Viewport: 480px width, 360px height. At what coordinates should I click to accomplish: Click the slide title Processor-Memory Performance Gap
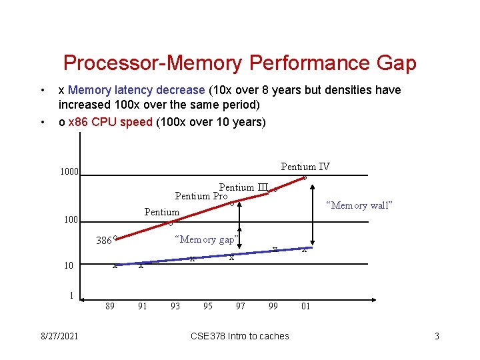pyautogui.click(x=239, y=63)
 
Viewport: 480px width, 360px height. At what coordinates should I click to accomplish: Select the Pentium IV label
pyautogui.click(x=305, y=167)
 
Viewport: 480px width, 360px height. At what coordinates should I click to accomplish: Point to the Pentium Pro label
pyautogui.click(x=201, y=196)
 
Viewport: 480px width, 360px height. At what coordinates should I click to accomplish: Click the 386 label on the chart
pyautogui.click(x=103, y=241)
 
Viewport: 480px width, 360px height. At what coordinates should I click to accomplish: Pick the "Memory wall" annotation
pyautogui.click(x=359, y=205)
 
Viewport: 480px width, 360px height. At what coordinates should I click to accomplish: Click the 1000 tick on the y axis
pyautogui.click(x=69, y=172)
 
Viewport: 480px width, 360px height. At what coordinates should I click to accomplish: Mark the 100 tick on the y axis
pyautogui.click(x=70, y=219)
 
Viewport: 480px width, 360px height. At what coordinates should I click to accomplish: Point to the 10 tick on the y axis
pyautogui.click(x=69, y=265)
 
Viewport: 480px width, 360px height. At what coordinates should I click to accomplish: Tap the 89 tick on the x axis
pyautogui.click(x=111, y=307)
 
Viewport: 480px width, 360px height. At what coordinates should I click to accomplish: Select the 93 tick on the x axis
pyautogui.click(x=175, y=307)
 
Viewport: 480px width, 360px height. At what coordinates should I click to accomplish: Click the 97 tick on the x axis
pyautogui.click(x=241, y=307)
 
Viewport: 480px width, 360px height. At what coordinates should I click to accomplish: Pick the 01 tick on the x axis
pyautogui.click(x=305, y=307)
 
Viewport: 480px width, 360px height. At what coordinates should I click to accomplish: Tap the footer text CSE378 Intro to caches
pyautogui.click(x=239, y=336)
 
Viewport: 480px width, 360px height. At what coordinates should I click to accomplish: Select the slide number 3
pyautogui.click(x=437, y=336)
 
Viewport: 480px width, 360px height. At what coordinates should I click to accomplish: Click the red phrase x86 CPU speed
pyautogui.click(x=110, y=122)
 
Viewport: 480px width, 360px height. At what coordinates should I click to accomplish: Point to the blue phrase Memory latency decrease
pyautogui.click(x=137, y=90)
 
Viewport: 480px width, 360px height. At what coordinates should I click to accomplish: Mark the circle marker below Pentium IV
pyautogui.click(x=305, y=177)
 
